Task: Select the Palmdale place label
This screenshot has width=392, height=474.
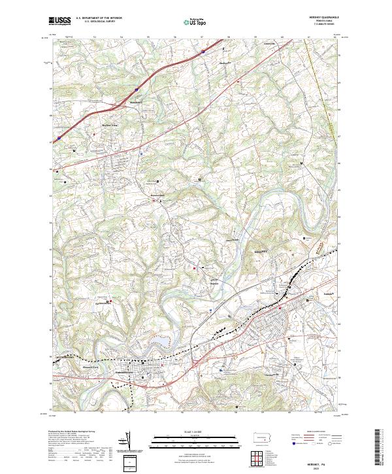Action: click(x=330, y=295)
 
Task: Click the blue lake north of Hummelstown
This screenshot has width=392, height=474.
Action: click(x=158, y=342)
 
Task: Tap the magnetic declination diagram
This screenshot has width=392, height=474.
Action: click(x=133, y=443)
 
